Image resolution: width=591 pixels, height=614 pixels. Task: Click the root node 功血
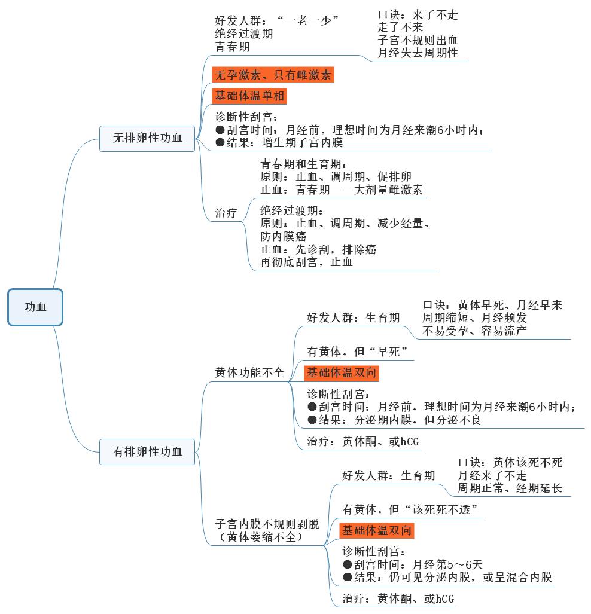click(x=35, y=307)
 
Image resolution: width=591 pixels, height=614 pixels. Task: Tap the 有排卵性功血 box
click(x=148, y=451)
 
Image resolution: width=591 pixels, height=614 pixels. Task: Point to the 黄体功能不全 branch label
click(x=249, y=372)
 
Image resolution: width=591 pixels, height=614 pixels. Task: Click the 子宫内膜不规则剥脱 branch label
click(x=267, y=524)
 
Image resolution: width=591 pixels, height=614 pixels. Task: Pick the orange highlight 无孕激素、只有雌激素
click(x=273, y=75)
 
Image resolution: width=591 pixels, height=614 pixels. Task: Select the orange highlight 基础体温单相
click(x=250, y=96)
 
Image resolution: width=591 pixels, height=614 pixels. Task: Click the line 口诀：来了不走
click(x=418, y=15)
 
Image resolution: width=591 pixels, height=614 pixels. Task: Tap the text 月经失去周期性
click(x=418, y=53)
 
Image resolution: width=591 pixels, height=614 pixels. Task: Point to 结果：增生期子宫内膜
click(x=279, y=143)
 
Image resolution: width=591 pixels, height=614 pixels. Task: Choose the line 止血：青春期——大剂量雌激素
click(x=342, y=190)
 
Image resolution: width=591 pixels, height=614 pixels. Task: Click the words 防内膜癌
click(x=284, y=236)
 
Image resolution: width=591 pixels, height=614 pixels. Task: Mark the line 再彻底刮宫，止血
click(x=306, y=262)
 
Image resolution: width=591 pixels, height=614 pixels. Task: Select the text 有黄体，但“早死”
click(x=357, y=352)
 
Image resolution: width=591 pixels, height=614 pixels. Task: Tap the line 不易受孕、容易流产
click(x=475, y=331)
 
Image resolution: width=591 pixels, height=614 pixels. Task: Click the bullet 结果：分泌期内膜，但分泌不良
click(x=394, y=420)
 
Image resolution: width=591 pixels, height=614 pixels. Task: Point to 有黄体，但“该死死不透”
click(x=413, y=509)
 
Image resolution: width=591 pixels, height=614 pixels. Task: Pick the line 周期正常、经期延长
click(x=510, y=488)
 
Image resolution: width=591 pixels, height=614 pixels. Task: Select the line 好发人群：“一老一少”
click(x=277, y=20)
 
